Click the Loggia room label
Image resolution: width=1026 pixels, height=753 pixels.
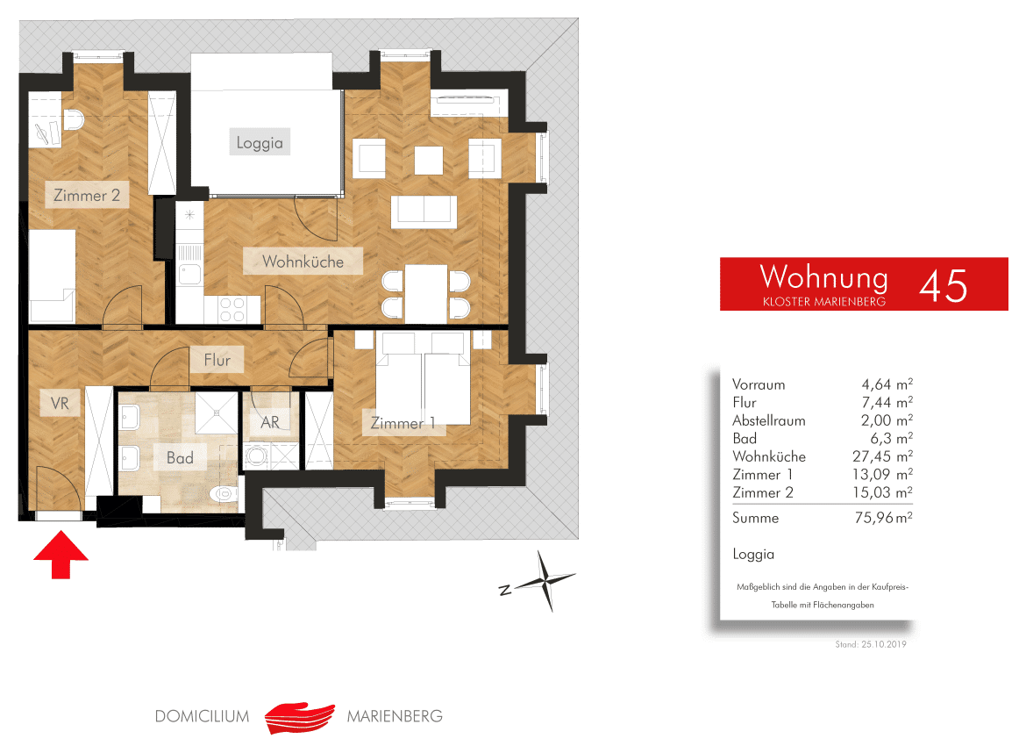260,143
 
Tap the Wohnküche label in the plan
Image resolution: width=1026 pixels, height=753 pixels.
303,262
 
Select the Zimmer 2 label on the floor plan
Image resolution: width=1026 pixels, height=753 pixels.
86,195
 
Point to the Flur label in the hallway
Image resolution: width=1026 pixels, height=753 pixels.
217,360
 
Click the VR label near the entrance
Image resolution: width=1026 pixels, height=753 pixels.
60,404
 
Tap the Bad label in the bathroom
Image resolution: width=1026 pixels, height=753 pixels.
180,458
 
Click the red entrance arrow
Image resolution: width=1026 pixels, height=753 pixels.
61,555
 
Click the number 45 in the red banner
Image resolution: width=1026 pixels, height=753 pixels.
943,286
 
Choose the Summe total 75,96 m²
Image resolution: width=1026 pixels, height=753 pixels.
883,517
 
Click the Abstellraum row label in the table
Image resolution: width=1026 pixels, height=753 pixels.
769,420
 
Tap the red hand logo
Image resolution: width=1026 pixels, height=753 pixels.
300,718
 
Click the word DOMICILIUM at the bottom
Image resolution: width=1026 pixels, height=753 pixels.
203,716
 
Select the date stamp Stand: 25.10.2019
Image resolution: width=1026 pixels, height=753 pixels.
871,644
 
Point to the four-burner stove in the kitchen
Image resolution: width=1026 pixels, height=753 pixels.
232,310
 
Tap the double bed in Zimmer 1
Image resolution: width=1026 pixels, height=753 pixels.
423,378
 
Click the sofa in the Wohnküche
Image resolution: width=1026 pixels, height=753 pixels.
424,212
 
